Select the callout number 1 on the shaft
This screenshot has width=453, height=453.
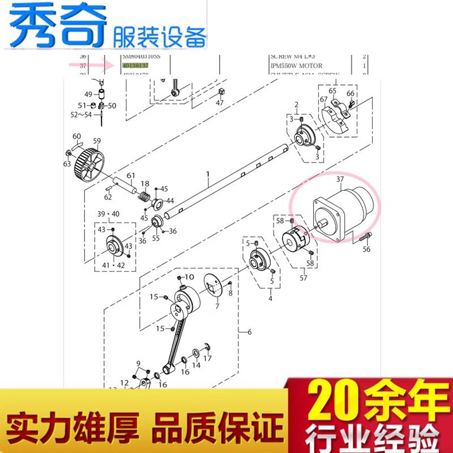pyautogui.click(x=208, y=174)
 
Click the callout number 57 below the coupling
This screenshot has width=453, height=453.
pyautogui.click(x=304, y=278)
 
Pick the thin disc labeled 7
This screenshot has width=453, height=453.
pyautogui.click(x=215, y=287)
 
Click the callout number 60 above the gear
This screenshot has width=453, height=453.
pyautogui.click(x=76, y=136)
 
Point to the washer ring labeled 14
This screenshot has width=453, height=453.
pyautogui.click(x=195, y=354)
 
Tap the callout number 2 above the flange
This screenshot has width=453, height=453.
pyautogui.click(x=296, y=105)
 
